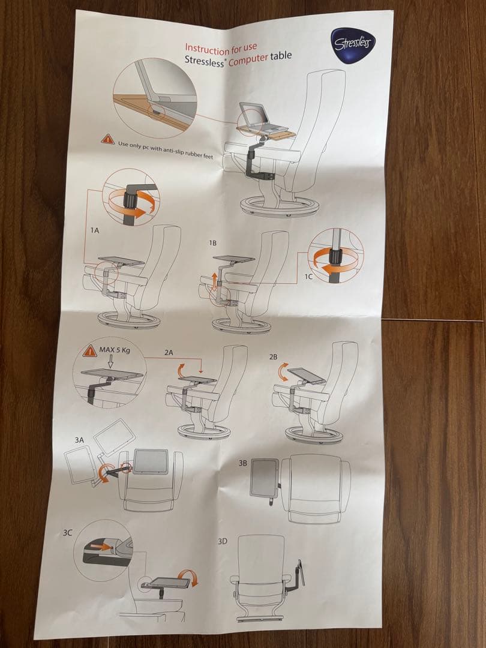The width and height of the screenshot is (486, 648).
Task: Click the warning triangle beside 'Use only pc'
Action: tap(108, 139)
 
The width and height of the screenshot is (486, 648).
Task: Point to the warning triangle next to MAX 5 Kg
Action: tap(89, 352)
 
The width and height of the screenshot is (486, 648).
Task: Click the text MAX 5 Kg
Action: tap(115, 350)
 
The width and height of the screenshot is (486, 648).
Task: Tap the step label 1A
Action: tap(95, 230)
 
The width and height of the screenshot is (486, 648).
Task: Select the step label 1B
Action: tap(212, 243)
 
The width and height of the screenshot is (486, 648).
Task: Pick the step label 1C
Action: tap(308, 277)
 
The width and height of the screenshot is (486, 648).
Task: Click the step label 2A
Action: tap(169, 353)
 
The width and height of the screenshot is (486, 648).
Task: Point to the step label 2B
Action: tap(273, 356)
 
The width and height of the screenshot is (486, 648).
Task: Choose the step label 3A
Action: tap(79, 440)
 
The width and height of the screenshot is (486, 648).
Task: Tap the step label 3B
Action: tap(242, 463)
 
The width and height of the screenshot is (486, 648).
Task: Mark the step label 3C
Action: tap(67, 533)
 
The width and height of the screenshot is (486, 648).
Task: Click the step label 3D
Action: tap(223, 541)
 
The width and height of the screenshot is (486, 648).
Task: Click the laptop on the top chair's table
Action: tap(260, 118)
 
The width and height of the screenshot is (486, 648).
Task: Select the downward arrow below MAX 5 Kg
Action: tap(110, 362)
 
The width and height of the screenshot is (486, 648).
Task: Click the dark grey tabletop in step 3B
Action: tap(264, 478)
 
